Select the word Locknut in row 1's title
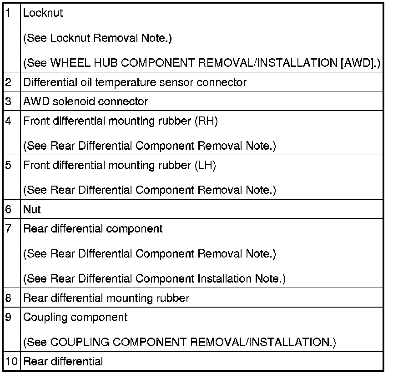pyautogui.click(x=43, y=13)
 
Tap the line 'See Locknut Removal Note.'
pyautogui.click(x=97, y=38)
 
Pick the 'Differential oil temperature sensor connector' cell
pyautogui.click(x=135, y=82)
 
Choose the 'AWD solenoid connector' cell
pyautogui.click(x=86, y=101)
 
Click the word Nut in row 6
pyautogui.click(x=32, y=209)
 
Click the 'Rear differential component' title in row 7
pyautogui.click(x=93, y=228)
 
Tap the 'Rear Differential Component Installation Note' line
pyautogui.click(x=155, y=278)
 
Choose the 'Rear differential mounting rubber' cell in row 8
pyautogui.click(x=106, y=298)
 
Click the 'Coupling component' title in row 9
pyautogui.click(x=76, y=317)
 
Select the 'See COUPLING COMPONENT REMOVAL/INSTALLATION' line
pyautogui.click(x=180, y=342)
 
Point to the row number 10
pyautogui.click(x=11, y=362)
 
